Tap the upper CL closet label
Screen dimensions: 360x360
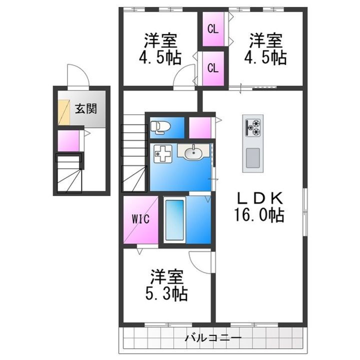pyautogui.click(x=213, y=29)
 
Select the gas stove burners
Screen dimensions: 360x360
pyautogui.click(x=253, y=126)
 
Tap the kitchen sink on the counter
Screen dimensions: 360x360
pyautogui.click(x=253, y=158)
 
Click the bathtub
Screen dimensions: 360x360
pyautogui.click(x=175, y=220)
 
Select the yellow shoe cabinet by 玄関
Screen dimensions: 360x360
pyautogui.click(x=63, y=112)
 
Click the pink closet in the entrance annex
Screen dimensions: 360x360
pyautogui.click(x=68, y=140)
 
